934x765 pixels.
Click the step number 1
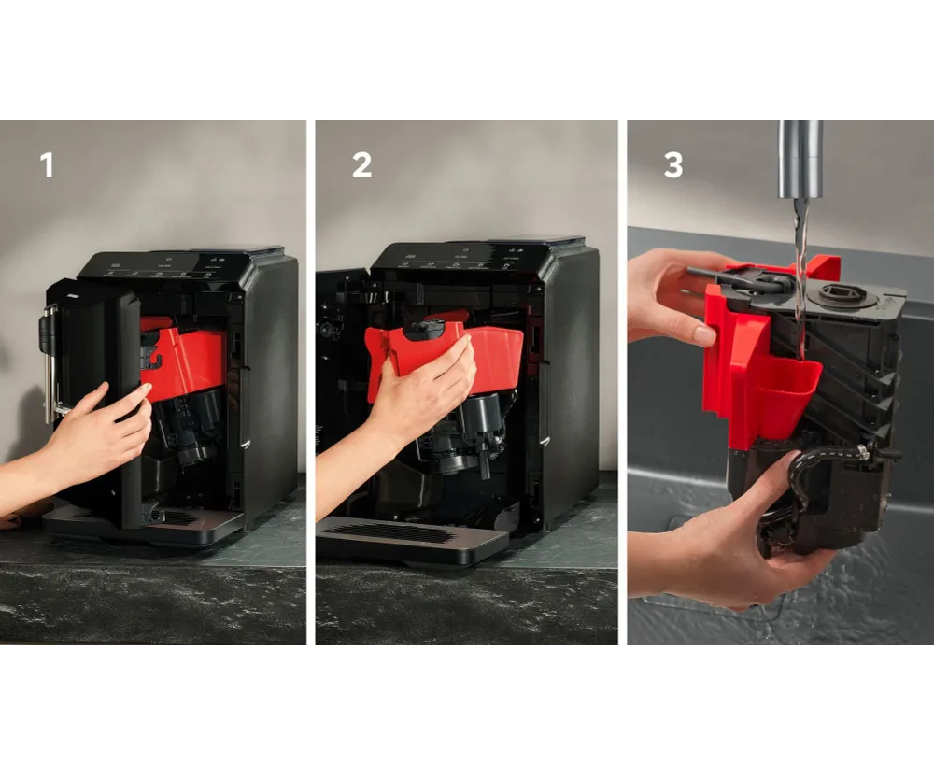click(x=47, y=165)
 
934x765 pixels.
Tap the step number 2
click(x=361, y=165)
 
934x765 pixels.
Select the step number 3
click(x=673, y=165)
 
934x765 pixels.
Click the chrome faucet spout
click(x=800, y=159)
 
